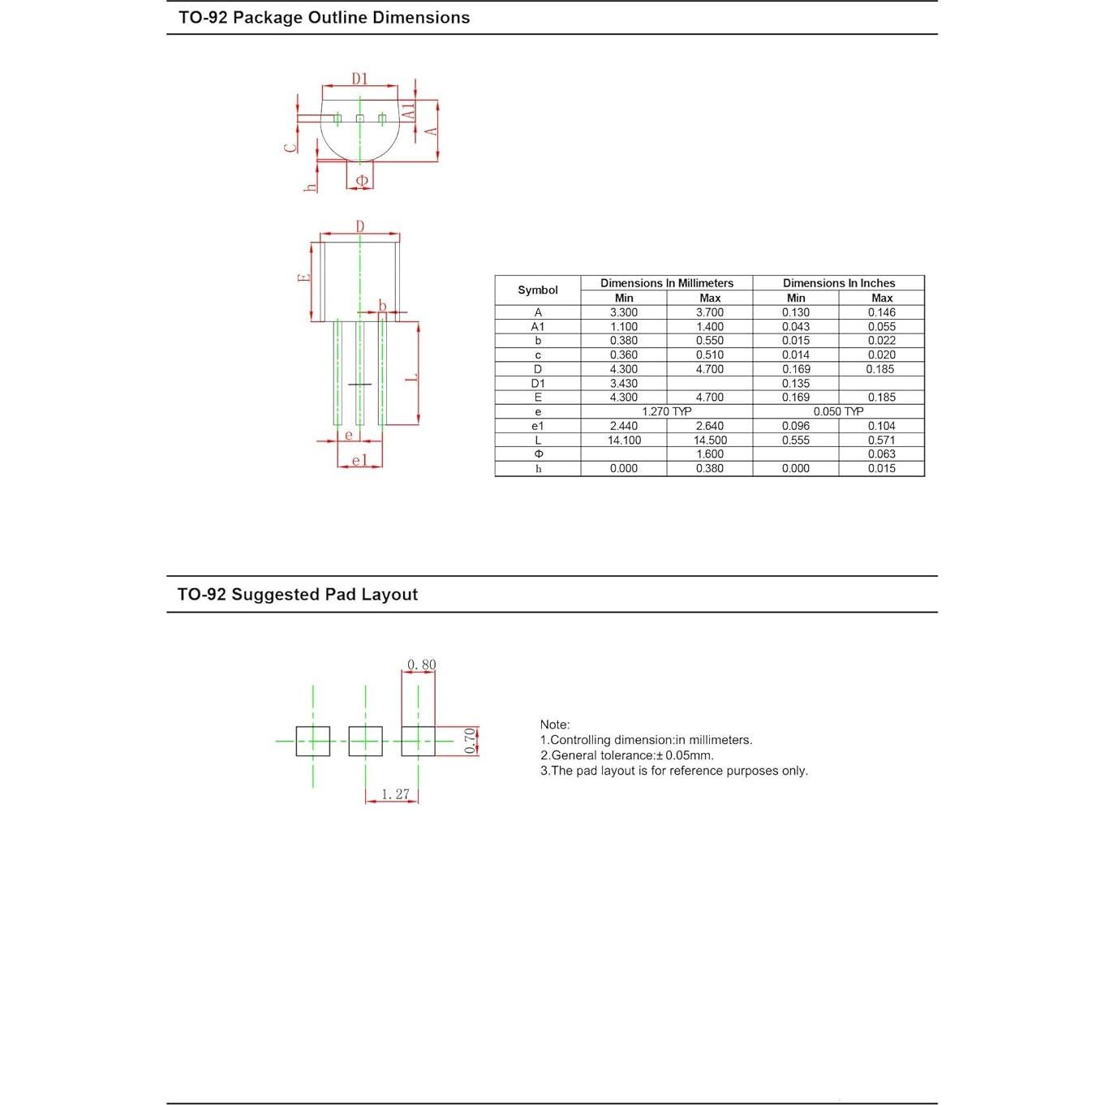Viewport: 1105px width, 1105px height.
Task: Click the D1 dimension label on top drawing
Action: (x=359, y=79)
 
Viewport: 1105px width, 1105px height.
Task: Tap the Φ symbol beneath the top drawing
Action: (x=362, y=180)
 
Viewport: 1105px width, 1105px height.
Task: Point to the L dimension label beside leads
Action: (x=411, y=376)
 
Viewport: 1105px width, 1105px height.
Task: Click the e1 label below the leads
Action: (x=359, y=461)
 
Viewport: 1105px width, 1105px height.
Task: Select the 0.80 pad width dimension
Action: (x=421, y=664)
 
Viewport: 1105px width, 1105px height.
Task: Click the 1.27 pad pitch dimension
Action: (x=395, y=794)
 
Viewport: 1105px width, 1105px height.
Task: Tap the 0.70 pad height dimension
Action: (x=470, y=740)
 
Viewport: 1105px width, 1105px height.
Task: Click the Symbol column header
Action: (x=537, y=290)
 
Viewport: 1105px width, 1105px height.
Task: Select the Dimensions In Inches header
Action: (x=838, y=283)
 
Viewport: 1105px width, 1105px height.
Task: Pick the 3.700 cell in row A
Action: (x=709, y=312)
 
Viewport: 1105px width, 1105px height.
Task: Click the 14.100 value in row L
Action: (x=624, y=441)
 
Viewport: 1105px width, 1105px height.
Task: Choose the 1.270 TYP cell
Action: (x=666, y=411)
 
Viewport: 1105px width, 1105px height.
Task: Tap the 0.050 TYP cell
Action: (x=838, y=411)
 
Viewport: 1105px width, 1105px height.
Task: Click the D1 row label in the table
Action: (x=537, y=383)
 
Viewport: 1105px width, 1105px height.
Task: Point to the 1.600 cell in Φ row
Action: (x=709, y=454)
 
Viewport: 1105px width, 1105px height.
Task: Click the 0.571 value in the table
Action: (x=881, y=441)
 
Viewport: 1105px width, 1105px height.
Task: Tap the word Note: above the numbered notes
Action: (x=555, y=724)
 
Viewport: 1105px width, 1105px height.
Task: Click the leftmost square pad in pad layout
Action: (x=313, y=741)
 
